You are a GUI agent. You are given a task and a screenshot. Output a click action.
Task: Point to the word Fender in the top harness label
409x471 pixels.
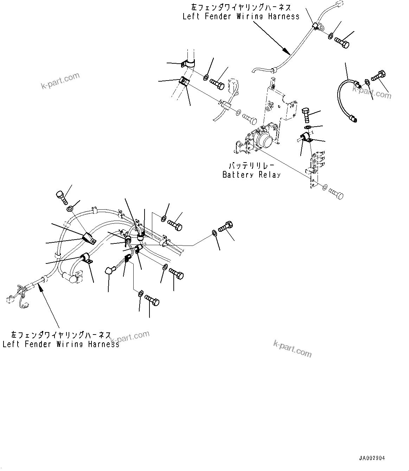point(218,16)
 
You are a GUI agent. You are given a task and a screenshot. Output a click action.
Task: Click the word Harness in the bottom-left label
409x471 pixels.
point(104,344)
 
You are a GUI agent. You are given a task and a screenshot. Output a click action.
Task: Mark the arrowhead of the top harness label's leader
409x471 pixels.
point(287,51)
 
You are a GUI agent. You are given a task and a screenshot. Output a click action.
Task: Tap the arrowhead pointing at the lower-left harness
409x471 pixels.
point(41,287)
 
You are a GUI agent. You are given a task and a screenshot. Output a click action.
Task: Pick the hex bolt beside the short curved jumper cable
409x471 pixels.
point(378,76)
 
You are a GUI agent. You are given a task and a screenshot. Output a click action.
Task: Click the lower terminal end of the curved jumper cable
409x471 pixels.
point(353,119)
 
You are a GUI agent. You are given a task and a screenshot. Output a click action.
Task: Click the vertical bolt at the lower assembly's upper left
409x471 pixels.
point(62,197)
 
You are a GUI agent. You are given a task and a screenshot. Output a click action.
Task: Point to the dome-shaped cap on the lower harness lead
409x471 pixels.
point(109,270)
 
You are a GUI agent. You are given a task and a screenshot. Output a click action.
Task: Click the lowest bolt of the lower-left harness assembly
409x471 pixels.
point(152,301)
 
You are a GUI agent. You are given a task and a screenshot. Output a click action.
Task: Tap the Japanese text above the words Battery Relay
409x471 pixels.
point(251,166)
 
